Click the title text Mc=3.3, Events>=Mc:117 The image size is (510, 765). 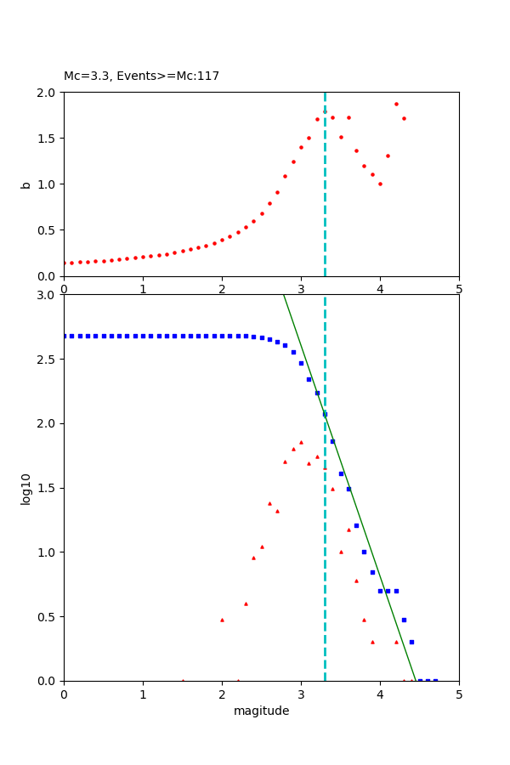point(141,76)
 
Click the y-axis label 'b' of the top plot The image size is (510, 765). point(25,184)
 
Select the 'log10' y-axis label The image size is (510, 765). point(25,489)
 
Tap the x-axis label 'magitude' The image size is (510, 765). point(261,711)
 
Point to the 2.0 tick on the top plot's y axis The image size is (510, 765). point(48,93)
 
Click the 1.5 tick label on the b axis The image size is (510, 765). point(48,139)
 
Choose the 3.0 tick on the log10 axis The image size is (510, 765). point(48,295)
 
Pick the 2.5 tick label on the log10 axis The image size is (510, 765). point(48,360)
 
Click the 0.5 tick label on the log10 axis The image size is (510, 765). point(48,617)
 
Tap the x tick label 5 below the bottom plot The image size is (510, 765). point(459,694)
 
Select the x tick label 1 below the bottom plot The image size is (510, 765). point(143,694)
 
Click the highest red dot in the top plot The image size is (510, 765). point(396,104)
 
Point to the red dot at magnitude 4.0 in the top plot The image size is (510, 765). point(380,184)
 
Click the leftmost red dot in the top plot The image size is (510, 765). point(65,263)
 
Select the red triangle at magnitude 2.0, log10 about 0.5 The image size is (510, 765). point(222,620)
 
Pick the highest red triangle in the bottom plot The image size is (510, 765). point(301,442)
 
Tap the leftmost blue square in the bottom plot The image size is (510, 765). point(65,336)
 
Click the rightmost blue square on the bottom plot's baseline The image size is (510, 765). point(435,680)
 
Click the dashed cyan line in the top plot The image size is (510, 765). point(325,212)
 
